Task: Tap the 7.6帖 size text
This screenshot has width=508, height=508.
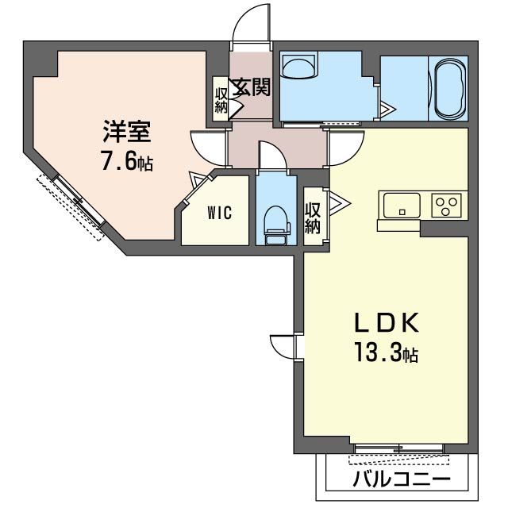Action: tap(126, 164)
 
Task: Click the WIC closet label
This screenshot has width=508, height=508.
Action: tap(220, 214)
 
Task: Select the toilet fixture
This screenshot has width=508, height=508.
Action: tap(276, 223)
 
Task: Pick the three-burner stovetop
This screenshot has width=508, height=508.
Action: tap(446, 205)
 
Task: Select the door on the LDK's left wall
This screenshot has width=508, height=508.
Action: tap(282, 347)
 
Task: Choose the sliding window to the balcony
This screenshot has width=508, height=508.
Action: tap(399, 451)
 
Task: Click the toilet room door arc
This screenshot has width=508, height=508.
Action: tap(272, 156)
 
